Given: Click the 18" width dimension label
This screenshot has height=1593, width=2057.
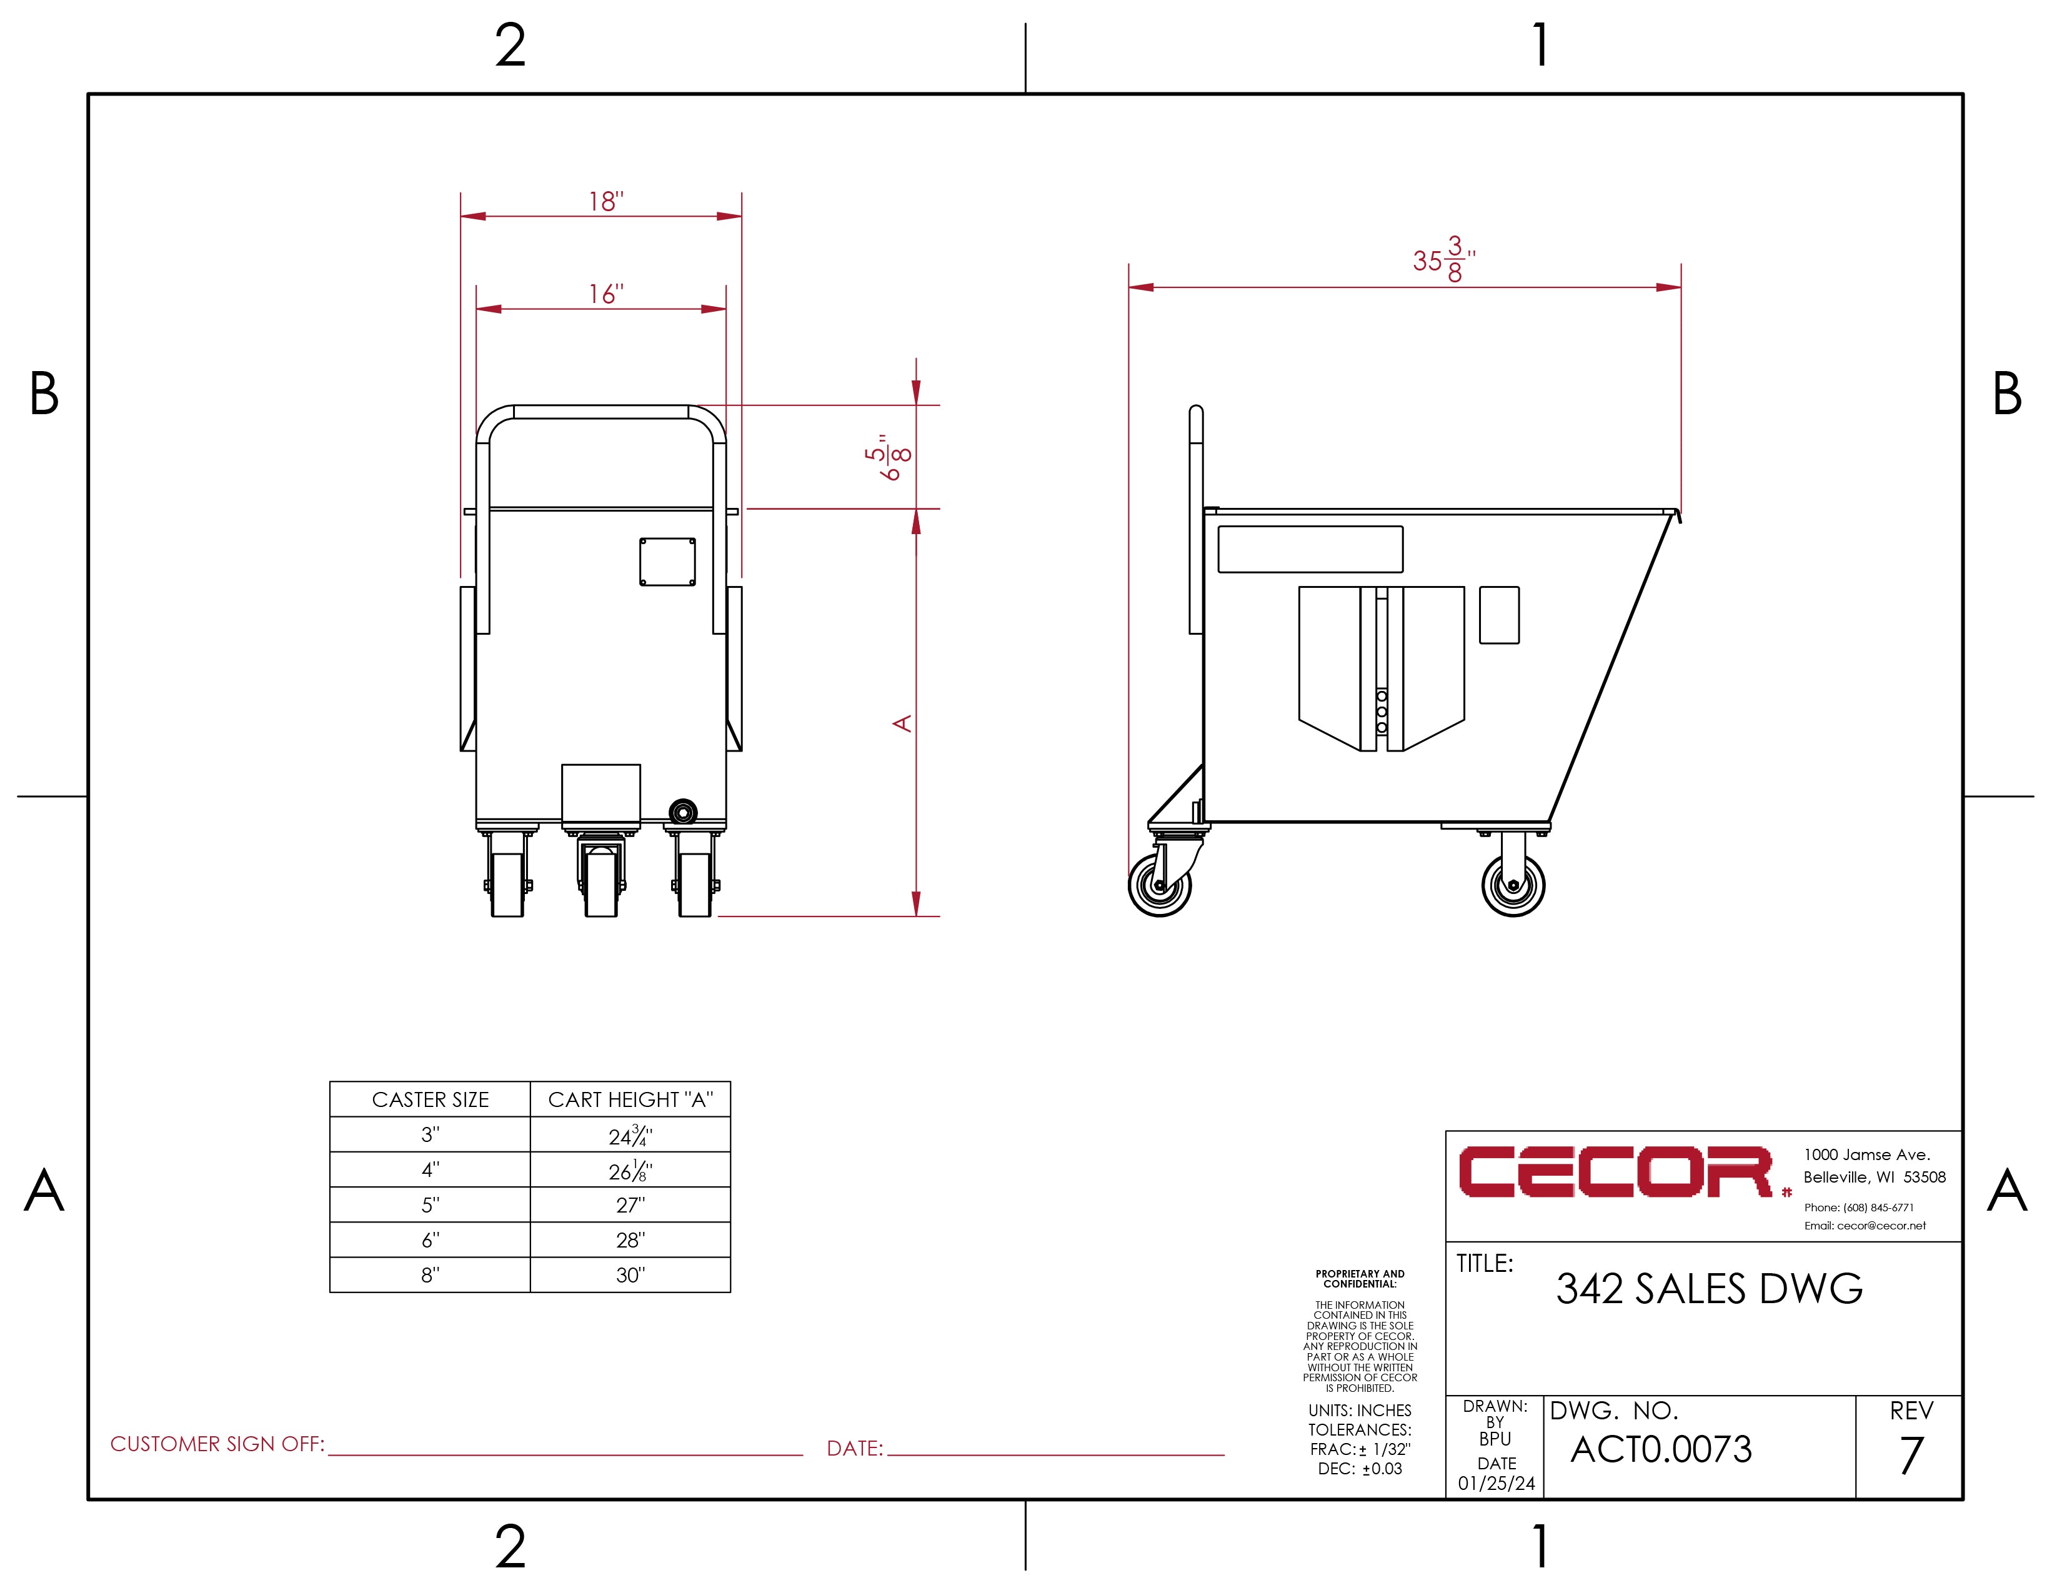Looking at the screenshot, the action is pos(605,202).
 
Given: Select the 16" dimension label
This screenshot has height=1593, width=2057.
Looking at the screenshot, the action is pos(605,295).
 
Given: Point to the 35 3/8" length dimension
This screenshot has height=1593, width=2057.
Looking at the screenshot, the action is pos(1444,260).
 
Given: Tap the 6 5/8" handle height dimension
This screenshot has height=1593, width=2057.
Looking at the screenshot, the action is pos(887,457).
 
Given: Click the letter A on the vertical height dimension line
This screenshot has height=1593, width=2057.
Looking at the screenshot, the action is pos(902,723).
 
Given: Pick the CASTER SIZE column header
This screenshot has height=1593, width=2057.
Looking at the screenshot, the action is pos(431,1099).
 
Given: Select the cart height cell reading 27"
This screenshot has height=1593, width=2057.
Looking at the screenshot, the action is pos(630,1205).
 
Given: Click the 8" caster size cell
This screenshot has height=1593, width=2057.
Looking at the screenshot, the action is pos(431,1275).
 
